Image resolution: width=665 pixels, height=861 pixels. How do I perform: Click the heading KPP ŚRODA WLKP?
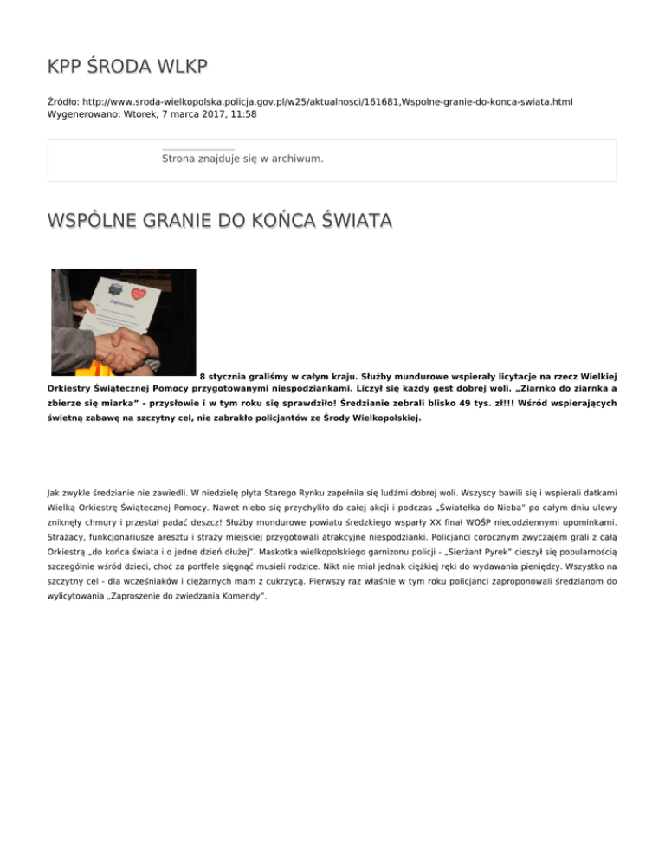coord(128,67)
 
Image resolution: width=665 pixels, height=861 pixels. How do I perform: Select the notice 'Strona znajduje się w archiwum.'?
coord(242,159)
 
